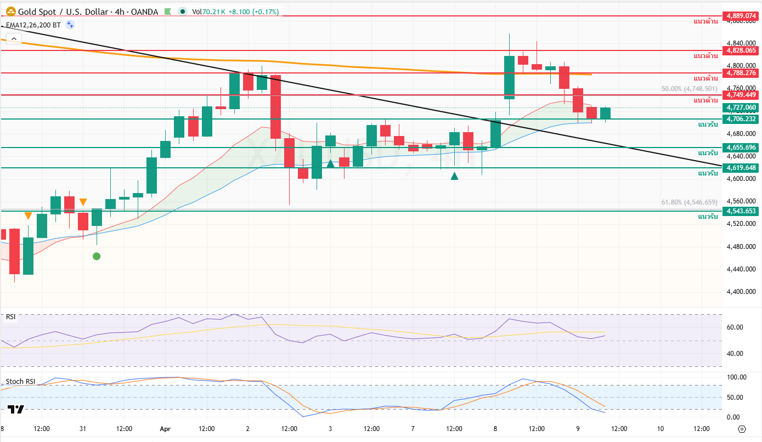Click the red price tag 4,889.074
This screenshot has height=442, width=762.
[741, 16]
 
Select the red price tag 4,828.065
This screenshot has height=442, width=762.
[741, 50]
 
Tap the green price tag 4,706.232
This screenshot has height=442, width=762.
[741, 119]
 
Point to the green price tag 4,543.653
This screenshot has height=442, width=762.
[741, 211]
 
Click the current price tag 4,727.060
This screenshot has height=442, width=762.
[741, 107]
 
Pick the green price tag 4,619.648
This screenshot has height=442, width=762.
[741, 168]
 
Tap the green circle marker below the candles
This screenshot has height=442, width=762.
[97, 256]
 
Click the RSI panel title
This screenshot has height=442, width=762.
[10, 316]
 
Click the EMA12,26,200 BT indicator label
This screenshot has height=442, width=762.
[33, 25]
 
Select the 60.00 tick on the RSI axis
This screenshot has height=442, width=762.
[735, 327]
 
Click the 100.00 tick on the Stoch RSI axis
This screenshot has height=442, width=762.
[736, 377]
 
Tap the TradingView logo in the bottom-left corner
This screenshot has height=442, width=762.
[16, 409]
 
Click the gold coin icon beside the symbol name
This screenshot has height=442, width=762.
[10, 12]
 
